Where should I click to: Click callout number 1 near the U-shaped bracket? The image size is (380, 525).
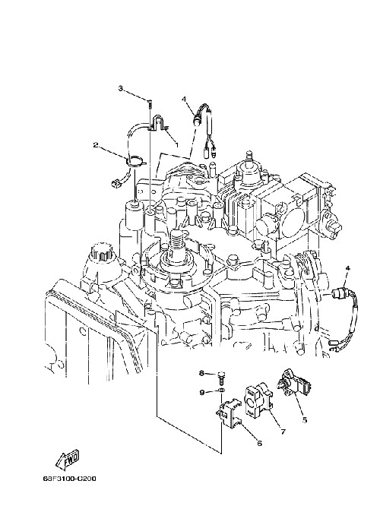point(176,144)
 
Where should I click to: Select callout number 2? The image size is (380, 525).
point(96,145)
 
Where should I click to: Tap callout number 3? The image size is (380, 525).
point(120,88)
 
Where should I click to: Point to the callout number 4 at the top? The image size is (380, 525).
point(184,99)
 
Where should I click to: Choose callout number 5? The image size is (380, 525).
point(305,420)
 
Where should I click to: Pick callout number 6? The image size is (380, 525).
point(259,444)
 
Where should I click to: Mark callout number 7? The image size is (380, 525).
point(283,432)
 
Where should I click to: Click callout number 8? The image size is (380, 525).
point(201,373)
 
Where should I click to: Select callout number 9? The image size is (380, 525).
point(202,392)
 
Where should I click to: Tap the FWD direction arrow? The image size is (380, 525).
point(68,459)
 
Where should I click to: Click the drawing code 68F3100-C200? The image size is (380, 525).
point(69,479)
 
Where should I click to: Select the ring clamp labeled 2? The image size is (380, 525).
point(136,162)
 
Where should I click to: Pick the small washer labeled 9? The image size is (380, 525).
point(221,391)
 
